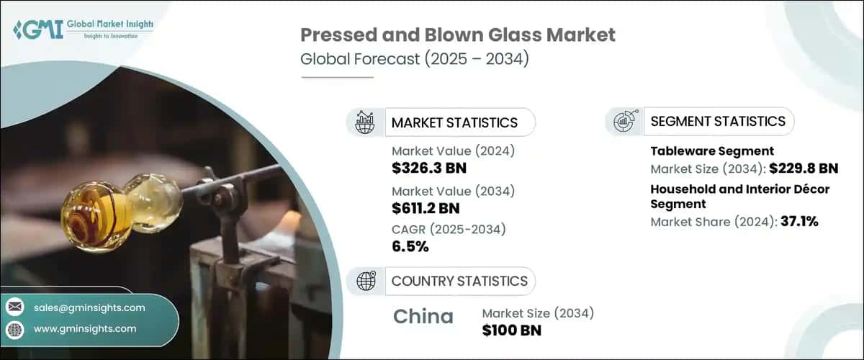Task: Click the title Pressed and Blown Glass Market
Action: click(457, 35)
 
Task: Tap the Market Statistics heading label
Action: click(454, 122)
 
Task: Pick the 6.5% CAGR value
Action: click(410, 247)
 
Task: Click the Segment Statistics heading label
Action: click(718, 121)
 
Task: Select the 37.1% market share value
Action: click(799, 221)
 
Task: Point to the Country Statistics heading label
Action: click(459, 281)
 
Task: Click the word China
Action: click(423, 316)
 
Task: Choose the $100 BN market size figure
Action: click(511, 330)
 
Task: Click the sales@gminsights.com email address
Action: click(89, 307)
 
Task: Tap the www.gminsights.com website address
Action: click(85, 329)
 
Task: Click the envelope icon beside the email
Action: click(14, 307)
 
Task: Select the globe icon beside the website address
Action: click(14, 329)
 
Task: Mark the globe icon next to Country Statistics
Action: click(366, 281)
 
